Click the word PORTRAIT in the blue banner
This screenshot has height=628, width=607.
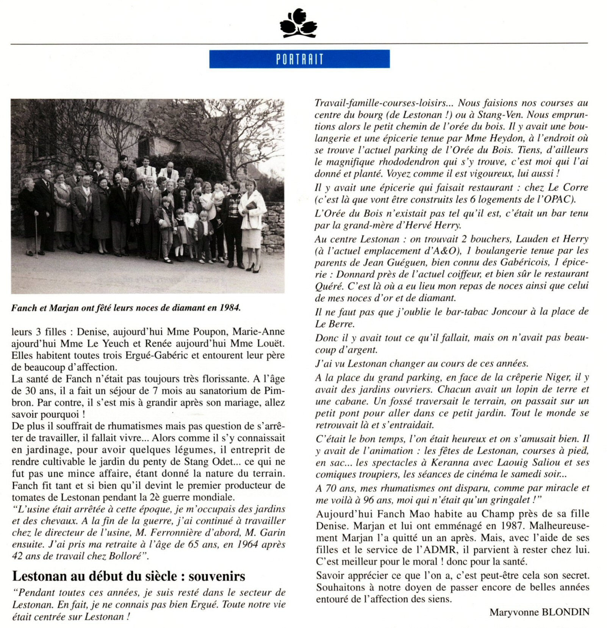click(299, 59)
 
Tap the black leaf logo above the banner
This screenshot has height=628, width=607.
click(298, 23)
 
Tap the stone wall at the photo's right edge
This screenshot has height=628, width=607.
click(273, 223)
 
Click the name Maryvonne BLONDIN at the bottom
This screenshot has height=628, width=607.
click(539, 612)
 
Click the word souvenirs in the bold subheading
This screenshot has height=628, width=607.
click(217, 576)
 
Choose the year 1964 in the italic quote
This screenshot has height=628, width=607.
click(244, 545)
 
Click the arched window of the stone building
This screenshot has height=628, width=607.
click(143, 146)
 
